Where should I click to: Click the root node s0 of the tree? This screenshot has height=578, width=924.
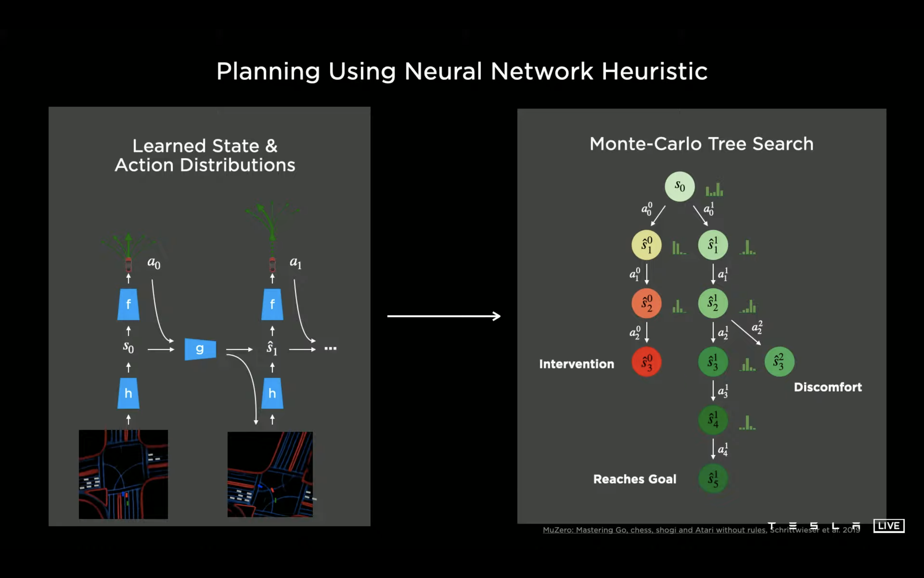tap(680, 187)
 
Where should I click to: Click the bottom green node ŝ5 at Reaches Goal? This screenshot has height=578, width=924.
tap(713, 479)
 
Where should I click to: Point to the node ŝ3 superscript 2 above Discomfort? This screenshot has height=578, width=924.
tap(779, 362)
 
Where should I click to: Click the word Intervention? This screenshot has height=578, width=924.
tap(577, 364)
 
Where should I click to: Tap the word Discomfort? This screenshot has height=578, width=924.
tap(828, 387)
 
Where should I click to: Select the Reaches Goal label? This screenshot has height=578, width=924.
tap(635, 479)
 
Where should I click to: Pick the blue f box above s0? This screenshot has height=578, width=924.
tap(128, 304)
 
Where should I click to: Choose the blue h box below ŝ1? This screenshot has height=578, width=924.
tap(272, 393)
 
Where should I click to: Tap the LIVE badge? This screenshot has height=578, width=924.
tap(889, 526)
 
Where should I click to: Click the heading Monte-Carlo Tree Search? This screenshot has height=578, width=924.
tap(702, 144)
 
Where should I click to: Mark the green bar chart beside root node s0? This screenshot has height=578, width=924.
tap(714, 190)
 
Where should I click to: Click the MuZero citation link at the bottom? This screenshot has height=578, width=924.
tap(654, 530)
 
